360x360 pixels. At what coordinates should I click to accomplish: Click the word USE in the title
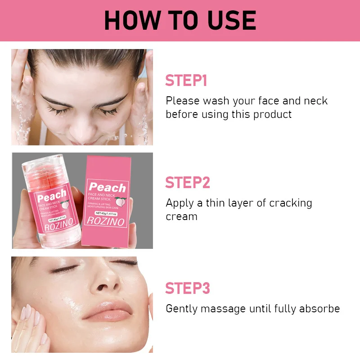pos(232,20)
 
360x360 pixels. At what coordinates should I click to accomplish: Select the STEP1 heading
pos(186,81)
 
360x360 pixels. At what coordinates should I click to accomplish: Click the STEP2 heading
pos(188,183)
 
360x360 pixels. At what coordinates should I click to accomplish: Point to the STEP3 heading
pos(188,288)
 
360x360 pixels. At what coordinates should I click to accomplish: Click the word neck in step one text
pos(316,101)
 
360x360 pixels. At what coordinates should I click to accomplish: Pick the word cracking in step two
pos(290,203)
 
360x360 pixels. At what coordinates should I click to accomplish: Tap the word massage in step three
pos(223,309)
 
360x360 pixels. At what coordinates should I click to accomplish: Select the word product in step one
pos(272,115)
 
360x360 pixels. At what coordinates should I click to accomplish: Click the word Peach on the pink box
pos(108,187)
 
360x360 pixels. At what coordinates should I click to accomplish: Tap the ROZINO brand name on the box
pos(105,221)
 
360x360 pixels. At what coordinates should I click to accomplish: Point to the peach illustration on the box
pos(121,201)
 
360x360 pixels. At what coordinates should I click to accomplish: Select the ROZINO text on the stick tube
pos(59,225)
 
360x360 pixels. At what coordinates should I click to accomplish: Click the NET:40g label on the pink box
pos(106,213)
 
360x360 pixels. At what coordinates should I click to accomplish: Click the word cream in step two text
pos(181,217)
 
